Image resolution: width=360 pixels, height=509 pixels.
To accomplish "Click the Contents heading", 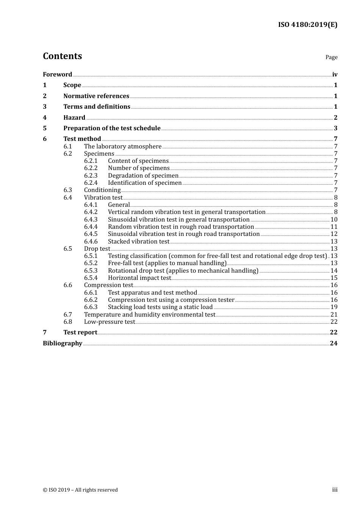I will tap(62, 56).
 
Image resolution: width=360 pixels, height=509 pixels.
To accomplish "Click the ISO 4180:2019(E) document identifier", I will tap(307, 25).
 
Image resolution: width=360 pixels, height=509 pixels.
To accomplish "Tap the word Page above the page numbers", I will tap(331, 57).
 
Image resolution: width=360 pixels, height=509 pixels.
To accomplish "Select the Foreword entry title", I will tap(57, 75).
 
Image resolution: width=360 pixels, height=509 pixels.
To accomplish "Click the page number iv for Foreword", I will tap(335, 75).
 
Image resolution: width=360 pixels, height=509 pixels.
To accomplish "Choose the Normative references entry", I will tap(96, 96).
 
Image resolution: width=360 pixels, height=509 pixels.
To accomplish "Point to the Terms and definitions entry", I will tap(97, 107).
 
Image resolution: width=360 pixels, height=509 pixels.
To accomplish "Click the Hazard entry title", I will tap(74, 118).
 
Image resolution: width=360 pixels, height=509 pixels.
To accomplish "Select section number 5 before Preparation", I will tap(45, 128).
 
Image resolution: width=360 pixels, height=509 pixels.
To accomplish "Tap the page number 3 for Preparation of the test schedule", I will tap(335, 128).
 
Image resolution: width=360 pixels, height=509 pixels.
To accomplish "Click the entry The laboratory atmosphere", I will tap(123, 147).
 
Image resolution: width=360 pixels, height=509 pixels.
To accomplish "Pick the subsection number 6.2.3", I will tap(91, 176).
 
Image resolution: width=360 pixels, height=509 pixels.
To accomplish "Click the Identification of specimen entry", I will tap(145, 183).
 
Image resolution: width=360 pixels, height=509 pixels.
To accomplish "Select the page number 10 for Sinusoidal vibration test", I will tap(334, 220).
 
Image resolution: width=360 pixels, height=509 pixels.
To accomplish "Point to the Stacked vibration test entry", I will tap(139, 242).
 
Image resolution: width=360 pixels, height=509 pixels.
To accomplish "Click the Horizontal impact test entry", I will tap(139, 278).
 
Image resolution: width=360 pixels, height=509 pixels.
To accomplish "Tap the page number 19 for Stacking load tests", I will tap(334, 307).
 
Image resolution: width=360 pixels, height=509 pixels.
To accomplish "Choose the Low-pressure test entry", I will tap(110, 322).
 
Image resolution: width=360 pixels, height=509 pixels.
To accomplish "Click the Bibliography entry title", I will tap(63, 343).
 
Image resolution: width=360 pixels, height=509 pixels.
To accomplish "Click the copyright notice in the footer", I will tap(80, 490).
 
